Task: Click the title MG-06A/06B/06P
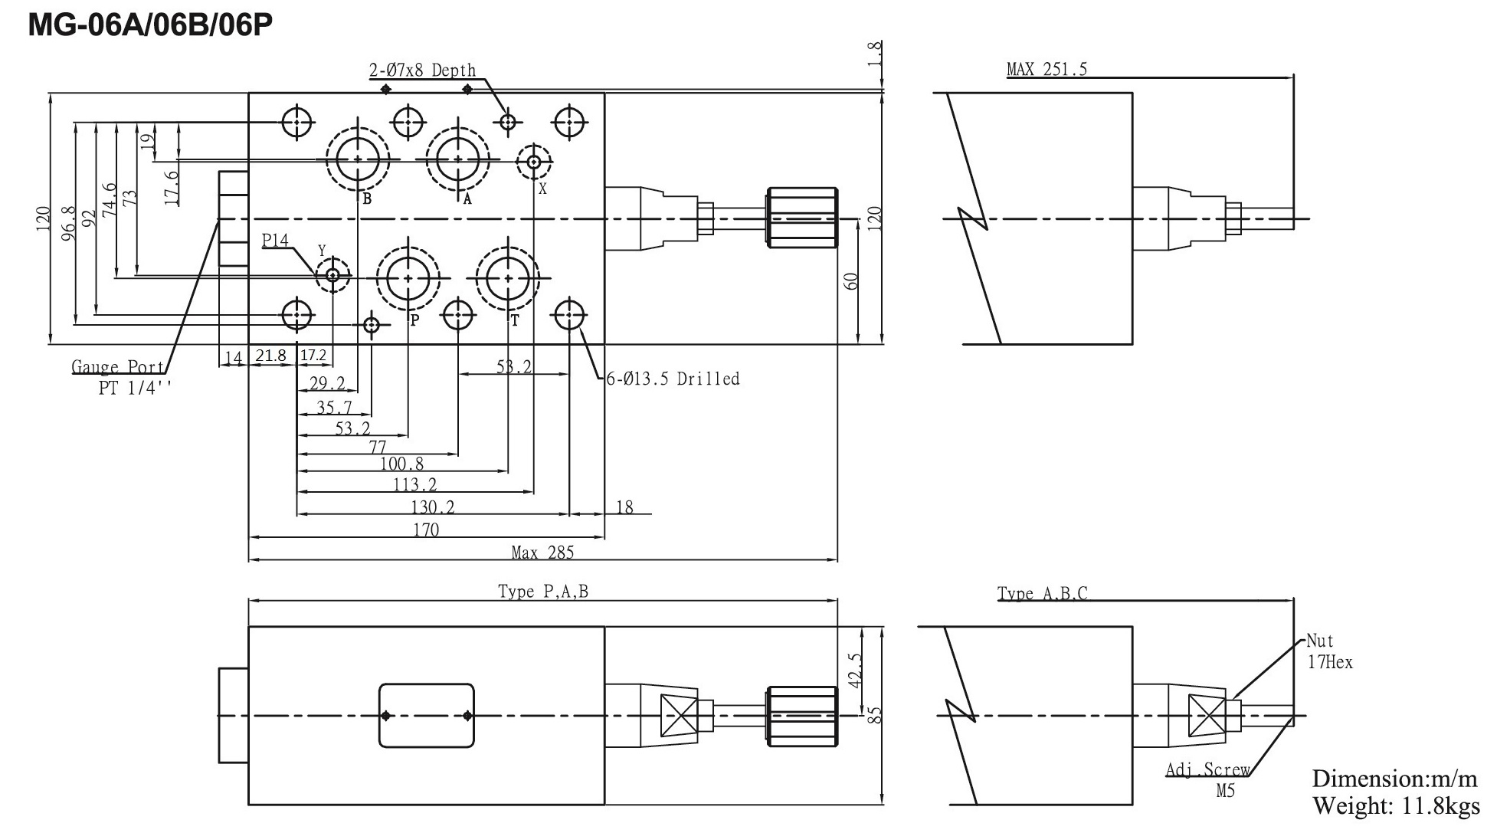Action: click(150, 25)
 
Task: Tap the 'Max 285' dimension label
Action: click(542, 553)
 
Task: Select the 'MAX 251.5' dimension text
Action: click(1047, 70)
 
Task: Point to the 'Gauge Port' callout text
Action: click(118, 367)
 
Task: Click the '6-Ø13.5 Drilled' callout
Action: click(673, 379)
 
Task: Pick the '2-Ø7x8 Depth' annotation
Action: click(422, 71)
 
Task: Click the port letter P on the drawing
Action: click(414, 320)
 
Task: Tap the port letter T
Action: click(515, 320)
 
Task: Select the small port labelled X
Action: click(534, 162)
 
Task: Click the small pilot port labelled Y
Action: click(332, 275)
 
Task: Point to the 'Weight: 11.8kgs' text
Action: click(1396, 806)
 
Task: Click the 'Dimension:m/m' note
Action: click(1394, 779)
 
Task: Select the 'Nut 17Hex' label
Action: click(1329, 651)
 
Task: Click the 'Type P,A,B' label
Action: click(543, 592)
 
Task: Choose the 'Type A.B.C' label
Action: click(1042, 594)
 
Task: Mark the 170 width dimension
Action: click(426, 530)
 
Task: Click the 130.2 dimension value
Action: click(433, 507)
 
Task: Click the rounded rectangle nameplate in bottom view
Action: click(427, 715)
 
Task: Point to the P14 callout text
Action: click(275, 241)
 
